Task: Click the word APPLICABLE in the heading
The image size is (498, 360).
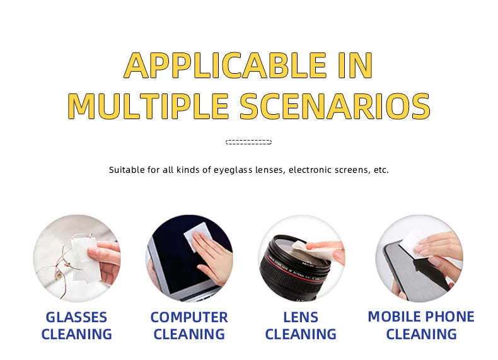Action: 226,65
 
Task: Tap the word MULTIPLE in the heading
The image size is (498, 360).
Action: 148,106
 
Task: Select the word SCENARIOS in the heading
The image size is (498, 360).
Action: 335,106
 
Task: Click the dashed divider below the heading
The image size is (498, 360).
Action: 248,142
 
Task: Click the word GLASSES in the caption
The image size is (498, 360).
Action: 76,317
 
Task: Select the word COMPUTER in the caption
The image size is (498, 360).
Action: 189,317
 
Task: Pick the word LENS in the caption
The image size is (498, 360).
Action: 301,317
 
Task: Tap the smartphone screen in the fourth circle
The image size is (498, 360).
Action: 413,273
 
